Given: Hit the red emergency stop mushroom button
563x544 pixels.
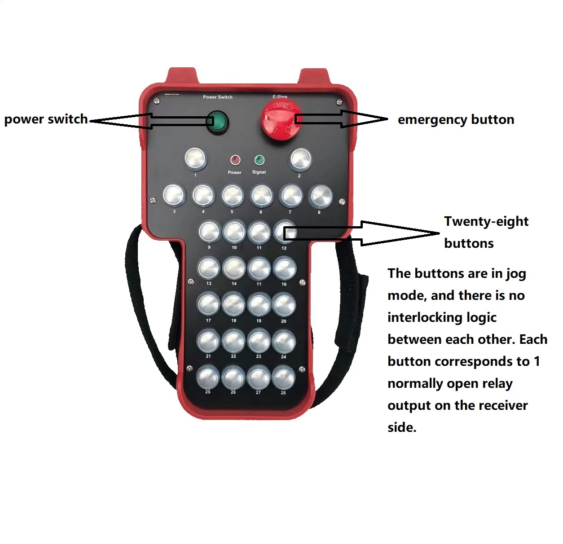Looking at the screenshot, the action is point(280,119).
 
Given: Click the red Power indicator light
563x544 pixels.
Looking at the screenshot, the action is point(235,160).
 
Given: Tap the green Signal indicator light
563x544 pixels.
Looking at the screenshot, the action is point(259,160).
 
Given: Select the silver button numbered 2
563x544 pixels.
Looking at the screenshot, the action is point(300,159).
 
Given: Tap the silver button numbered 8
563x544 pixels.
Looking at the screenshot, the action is point(321,196).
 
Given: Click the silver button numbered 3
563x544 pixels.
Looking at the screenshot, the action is point(174,195).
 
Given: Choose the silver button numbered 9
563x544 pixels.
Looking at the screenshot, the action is point(209,232).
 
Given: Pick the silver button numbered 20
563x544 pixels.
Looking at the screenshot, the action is point(284,305).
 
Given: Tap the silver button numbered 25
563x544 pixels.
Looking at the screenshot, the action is point(208,377).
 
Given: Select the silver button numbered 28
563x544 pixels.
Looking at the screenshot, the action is point(283,377).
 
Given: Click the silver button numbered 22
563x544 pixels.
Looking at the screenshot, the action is point(233,341).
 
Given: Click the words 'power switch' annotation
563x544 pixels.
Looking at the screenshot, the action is point(46,119).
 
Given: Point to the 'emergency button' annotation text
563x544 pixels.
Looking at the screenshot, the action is point(456,120).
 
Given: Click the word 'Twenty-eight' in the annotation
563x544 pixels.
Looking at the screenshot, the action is point(486,221).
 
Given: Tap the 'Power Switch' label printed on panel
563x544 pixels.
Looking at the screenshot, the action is point(218,97).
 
